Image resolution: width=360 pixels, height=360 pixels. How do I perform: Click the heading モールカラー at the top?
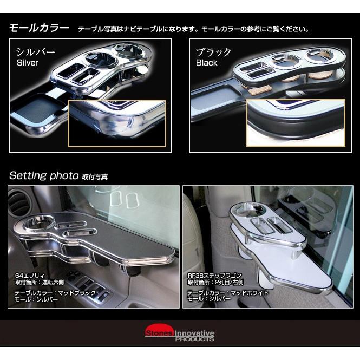[39, 28]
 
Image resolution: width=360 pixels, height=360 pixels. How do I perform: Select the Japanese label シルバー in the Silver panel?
[35, 53]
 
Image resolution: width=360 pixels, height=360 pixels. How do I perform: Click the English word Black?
[206, 63]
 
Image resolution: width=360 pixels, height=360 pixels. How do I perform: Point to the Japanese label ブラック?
[213, 53]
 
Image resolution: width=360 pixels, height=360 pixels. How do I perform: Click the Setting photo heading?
[44, 176]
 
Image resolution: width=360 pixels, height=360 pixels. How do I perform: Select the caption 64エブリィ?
[29, 276]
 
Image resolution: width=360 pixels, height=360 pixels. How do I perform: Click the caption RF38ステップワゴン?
[214, 276]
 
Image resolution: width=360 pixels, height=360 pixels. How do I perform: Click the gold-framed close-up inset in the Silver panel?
[116, 122]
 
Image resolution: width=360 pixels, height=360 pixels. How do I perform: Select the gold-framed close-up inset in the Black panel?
[295, 122]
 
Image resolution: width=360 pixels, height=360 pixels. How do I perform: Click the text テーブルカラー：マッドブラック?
[55, 293]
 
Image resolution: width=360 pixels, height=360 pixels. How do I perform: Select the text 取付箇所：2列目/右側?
[215, 282]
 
